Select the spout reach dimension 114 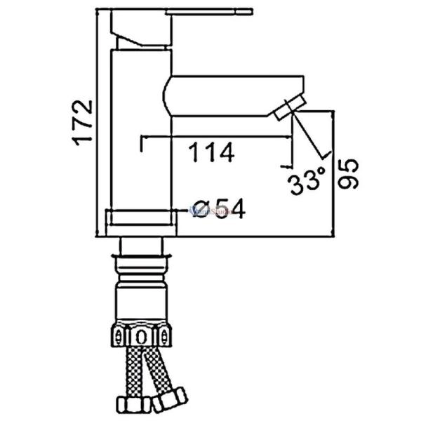point(210,152)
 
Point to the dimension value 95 point(349,172)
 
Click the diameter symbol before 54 point(201,209)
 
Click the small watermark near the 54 point(203,208)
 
